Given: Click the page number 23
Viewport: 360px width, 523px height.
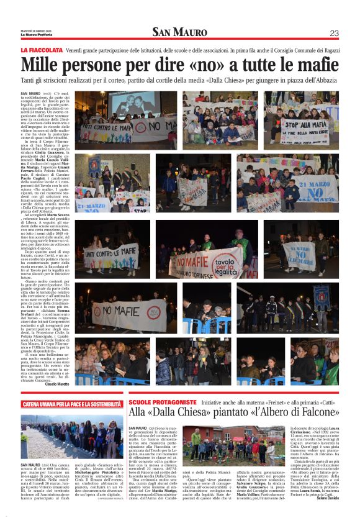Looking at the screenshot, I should pyautogui.click(x=334, y=33).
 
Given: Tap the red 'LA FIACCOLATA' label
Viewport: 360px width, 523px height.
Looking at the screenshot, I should pyautogui.click(x=42, y=49).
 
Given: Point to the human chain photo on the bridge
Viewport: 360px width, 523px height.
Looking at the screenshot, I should pyautogui.click(x=73, y=435).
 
